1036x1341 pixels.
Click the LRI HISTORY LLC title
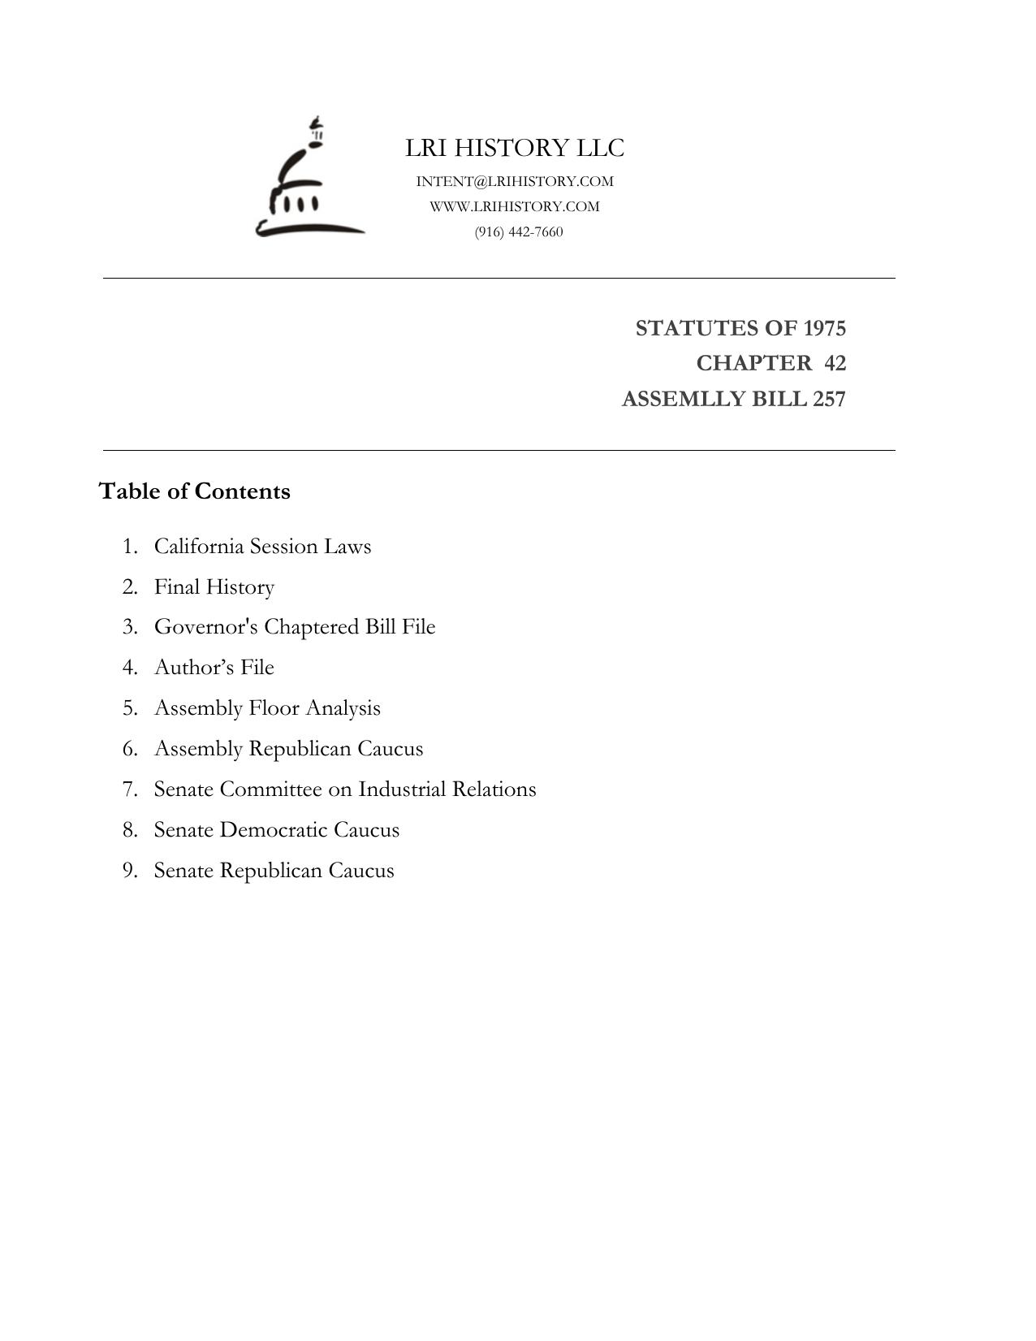coord(515,148)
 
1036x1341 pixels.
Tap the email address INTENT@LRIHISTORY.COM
coord(515,181)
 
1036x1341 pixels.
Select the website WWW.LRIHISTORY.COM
coord(515,206)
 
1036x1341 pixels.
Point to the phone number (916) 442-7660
coord(519,231)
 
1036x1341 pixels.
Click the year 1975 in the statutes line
coord(824,328)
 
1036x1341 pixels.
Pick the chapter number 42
coord(835,363)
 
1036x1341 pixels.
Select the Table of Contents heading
coord(194,491)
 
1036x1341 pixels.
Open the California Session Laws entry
coord(262,546)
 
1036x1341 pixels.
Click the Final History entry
coord(214,586)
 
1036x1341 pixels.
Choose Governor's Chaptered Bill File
coord(295,627)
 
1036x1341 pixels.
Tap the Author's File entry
coord(214,667)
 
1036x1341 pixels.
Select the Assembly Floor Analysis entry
coord(267,707)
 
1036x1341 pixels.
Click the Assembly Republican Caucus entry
coord(288,748)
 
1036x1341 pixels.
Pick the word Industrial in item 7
coord(402,789)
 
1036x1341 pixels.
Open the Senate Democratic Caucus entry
coord(277,829)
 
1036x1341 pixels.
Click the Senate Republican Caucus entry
coord(274,870)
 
